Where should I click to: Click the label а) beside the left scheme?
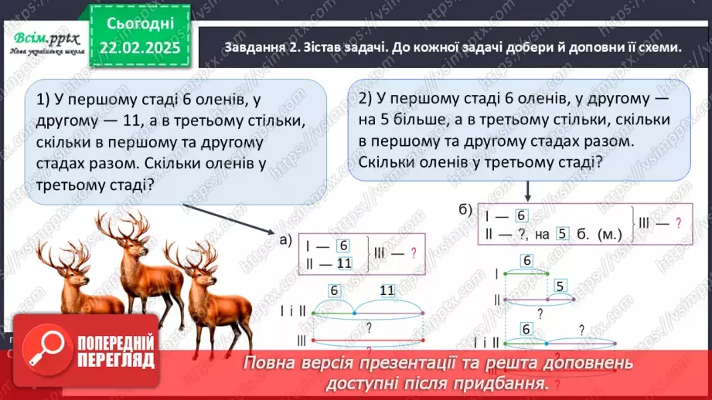[x=284, y=240]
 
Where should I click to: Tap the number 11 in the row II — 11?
[x=344, y=263]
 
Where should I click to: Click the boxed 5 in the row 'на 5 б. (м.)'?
[x=563, y=236]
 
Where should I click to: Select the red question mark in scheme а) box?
[x=413, y=253]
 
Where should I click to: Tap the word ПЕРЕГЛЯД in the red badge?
[x=114, y=360]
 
